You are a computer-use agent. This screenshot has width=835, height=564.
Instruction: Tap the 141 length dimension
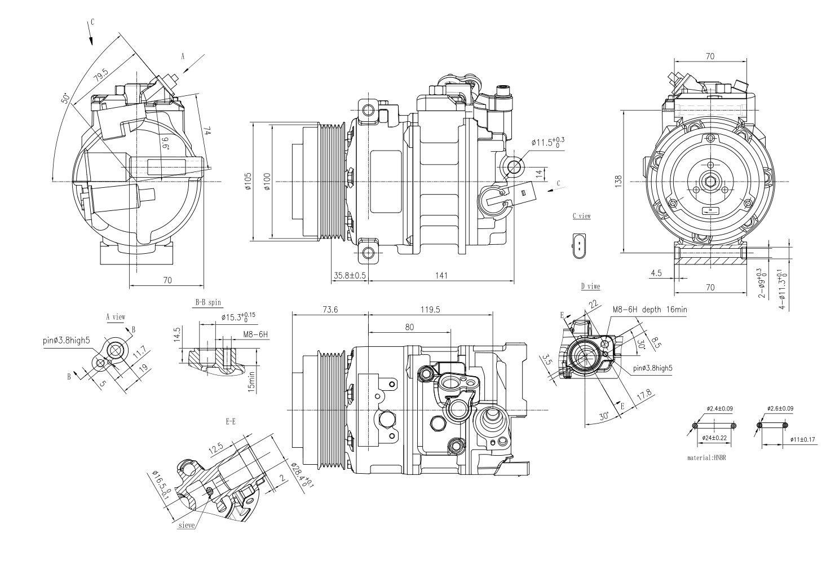[x=441, y=275]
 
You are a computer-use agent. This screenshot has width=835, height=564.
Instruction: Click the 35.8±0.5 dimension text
[x=350, y=275]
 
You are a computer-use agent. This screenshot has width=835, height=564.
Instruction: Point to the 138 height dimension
[x=618, y=181]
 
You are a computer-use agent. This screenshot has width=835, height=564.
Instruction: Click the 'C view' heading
[x=581, y=216]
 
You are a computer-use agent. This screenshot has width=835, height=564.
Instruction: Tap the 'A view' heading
[x=116, y=317]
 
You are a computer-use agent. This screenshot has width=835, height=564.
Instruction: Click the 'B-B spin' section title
[x=209, y=303]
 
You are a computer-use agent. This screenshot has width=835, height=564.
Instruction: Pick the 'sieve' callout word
[x=186, y=525]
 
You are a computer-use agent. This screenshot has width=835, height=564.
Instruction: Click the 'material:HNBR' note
[x=706, y=458]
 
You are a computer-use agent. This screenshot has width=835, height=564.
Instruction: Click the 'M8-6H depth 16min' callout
[x=650, y=310]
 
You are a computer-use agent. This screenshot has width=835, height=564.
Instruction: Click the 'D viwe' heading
[x=590, y=286]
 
